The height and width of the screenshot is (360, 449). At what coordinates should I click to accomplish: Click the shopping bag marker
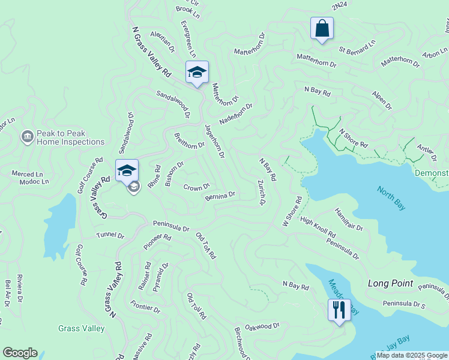point(322,28)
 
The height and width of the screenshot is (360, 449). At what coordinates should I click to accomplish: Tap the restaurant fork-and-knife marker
point(339,310)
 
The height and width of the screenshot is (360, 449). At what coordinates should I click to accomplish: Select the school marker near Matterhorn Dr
point(197,73)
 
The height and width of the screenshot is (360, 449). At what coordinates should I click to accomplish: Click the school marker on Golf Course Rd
point(127,171)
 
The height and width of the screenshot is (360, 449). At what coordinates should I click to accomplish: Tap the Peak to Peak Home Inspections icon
point(27,137)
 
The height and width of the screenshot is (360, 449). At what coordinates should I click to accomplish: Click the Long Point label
point(387,283)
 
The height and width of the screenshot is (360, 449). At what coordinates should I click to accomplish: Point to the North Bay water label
point(391,198)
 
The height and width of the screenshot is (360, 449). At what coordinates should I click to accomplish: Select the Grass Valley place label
point(82,328)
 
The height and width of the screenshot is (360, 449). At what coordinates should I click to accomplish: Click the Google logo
point(20,353)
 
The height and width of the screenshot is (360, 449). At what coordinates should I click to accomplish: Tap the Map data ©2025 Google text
point(412,355)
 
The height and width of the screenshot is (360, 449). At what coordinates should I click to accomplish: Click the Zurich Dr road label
point(261,192)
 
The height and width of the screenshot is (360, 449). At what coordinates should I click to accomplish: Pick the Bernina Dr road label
point(220,196)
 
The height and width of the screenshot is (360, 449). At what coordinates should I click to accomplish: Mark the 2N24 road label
point(339,6)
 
